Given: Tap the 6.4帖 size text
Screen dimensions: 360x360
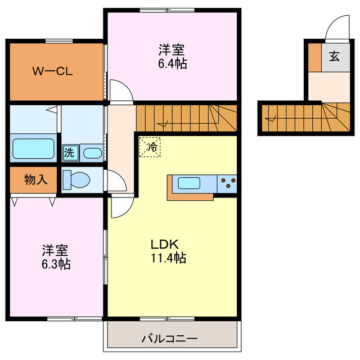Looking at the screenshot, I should pyautogui.click(x=172, y=64).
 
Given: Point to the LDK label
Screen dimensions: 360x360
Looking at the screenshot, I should pyautogui.click(x=164, y=245).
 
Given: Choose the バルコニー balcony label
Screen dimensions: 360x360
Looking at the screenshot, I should pyautogui.click(x=169, y=339).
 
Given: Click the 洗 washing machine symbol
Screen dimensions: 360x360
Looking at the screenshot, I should pyautogui.click(x=69, y=152).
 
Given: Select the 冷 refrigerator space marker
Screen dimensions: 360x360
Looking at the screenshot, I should pyautogui.click(x=150, y=147).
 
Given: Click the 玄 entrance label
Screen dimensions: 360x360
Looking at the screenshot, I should pyautogui.click(x=335, y=56).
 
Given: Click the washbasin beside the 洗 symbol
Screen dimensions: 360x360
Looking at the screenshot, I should pyautogui.click(x=91, y=152).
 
